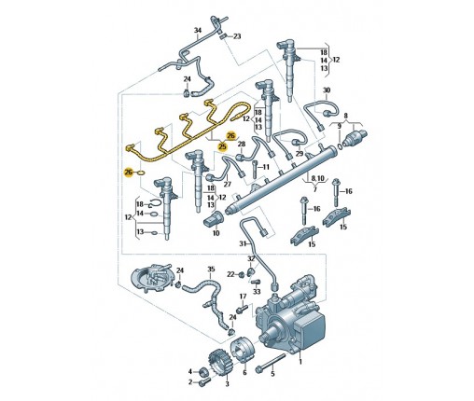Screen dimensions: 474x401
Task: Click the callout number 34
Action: [x=198, y=31]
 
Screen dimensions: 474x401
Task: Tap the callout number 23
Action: [x=237, y=36]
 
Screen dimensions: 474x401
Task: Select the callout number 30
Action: [x=327, y=90]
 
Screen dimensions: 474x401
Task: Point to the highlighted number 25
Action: [x=222, y=145]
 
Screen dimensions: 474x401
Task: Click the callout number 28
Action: [x=242, y=144]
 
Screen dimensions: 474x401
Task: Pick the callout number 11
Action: [x=266, y=167]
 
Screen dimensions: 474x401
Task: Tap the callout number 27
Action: [x=228, y=184]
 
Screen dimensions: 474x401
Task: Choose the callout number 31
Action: [x=243, y=243]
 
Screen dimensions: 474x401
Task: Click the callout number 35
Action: [x=211, y=269]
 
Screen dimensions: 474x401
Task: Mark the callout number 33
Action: [x=257, y=292]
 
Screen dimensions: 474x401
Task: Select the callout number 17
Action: [x=243, y=296]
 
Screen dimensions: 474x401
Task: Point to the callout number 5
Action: [x=272, y=373]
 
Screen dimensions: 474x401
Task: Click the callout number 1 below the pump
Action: [x=300, y=362]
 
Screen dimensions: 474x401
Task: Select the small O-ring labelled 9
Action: [x=340, y=146]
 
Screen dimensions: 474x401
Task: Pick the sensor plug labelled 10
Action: [x=214, y=219]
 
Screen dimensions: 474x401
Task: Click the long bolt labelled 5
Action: [x=270, y=362]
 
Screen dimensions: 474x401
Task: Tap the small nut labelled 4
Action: [x=203, y=371]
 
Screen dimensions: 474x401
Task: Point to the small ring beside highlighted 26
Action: [x=141, y=173]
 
